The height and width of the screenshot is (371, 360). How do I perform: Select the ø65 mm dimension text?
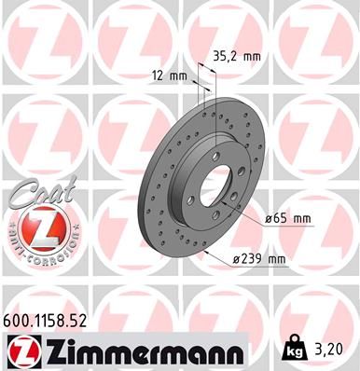[x=287, y=218]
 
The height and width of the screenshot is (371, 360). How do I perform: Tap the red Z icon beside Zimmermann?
[x=21, y=350]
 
